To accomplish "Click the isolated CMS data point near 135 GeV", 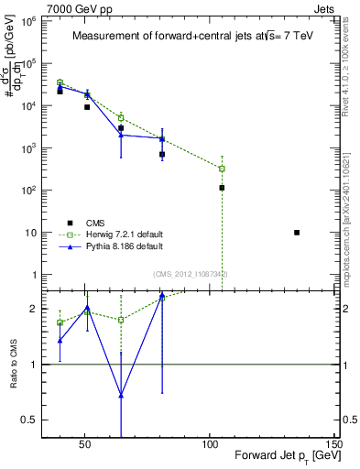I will point(297,233).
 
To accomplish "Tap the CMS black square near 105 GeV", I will point(222,188).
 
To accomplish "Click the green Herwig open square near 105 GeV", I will point(222,169).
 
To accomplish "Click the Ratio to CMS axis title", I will point(14,364).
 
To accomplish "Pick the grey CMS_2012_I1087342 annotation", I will point(191,274).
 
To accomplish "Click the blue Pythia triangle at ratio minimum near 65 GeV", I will point(121,395).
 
